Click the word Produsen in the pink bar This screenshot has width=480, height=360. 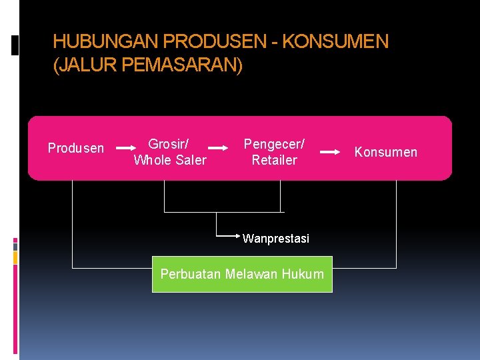76,148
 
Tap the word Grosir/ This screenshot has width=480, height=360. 168,144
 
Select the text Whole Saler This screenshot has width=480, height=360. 170,160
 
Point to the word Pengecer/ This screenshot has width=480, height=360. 274,144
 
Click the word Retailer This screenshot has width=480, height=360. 274,160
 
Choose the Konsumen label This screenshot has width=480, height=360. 385,152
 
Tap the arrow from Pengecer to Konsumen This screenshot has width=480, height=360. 329,152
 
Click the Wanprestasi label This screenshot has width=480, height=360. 276,239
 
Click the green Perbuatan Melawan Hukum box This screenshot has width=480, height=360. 242,274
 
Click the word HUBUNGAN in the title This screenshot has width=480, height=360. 106,42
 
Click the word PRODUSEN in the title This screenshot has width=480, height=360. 216,42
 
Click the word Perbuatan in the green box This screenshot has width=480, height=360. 191,274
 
